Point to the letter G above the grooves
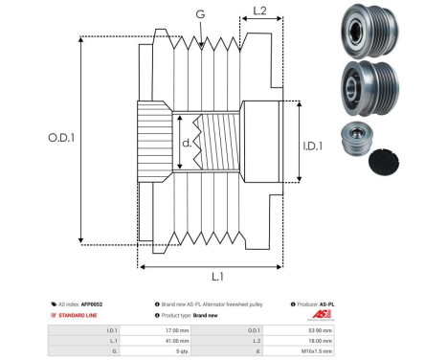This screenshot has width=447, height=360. pos(199,13)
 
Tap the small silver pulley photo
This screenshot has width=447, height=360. pos(356,140)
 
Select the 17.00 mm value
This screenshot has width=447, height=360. pos(176,327)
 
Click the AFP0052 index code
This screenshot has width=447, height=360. pos(91,304)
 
